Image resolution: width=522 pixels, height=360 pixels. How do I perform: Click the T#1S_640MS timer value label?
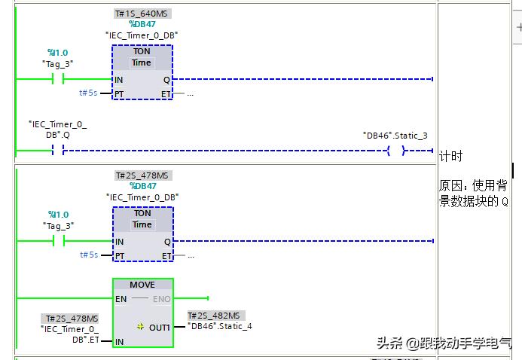(x=142, y=14)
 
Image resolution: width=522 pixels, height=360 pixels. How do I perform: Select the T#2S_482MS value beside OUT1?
(x=216, y=316)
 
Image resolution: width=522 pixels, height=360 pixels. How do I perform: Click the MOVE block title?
(x=142, y=285)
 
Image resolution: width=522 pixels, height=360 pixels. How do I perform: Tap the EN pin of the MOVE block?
(x=121, y=299)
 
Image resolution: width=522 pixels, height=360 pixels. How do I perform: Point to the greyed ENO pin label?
(x=162, y=299)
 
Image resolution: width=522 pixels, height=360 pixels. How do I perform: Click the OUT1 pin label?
(x=160, y=328)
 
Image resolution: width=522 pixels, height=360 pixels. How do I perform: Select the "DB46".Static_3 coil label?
(x=395, y=136)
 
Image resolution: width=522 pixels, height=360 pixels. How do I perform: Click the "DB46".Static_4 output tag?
(x=220, y=326)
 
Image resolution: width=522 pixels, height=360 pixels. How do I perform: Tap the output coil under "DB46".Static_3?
(x=396, y=151)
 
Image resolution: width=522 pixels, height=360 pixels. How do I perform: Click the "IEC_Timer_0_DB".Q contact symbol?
(x=58, y=151)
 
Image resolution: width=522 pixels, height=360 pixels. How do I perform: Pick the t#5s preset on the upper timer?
(x=88, y=93)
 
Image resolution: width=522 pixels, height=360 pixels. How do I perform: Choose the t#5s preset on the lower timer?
(x=89, y=255)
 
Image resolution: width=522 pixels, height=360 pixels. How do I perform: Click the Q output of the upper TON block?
(x=166, y=80)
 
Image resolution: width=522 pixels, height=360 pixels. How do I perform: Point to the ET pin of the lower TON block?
(x=166, y=256)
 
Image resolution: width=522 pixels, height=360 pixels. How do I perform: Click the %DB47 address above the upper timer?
(x=142, y=24)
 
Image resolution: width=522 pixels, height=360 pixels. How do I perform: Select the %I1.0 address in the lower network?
(x=58, y=215)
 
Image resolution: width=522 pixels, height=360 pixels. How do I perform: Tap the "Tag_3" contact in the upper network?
(x=58, y=79)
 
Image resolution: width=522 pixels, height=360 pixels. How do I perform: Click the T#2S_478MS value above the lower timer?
(x=143, y=175)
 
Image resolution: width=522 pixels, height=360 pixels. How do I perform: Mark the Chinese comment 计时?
(x=450, y=156)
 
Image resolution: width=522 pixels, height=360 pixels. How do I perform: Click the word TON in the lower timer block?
(x=142, y=213)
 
